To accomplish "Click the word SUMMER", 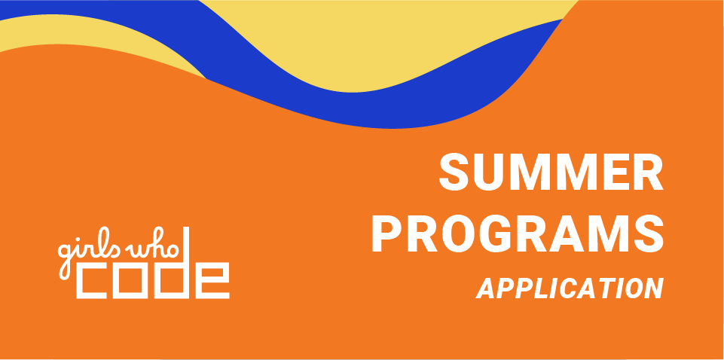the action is pos(551,171).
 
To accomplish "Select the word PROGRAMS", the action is pos(518,233).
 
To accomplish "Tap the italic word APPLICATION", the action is pos(570,288).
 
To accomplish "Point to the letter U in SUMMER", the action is pos(489,172).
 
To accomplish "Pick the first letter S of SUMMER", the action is pos(454,171).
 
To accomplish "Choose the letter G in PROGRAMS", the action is pos(495,233).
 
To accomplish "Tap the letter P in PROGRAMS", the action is pos(387,233).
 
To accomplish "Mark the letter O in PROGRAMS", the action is pos(458,233).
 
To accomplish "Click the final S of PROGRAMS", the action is pos(649,233).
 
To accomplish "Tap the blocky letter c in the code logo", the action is pos(91,281).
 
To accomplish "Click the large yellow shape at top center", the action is pos(369,46).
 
